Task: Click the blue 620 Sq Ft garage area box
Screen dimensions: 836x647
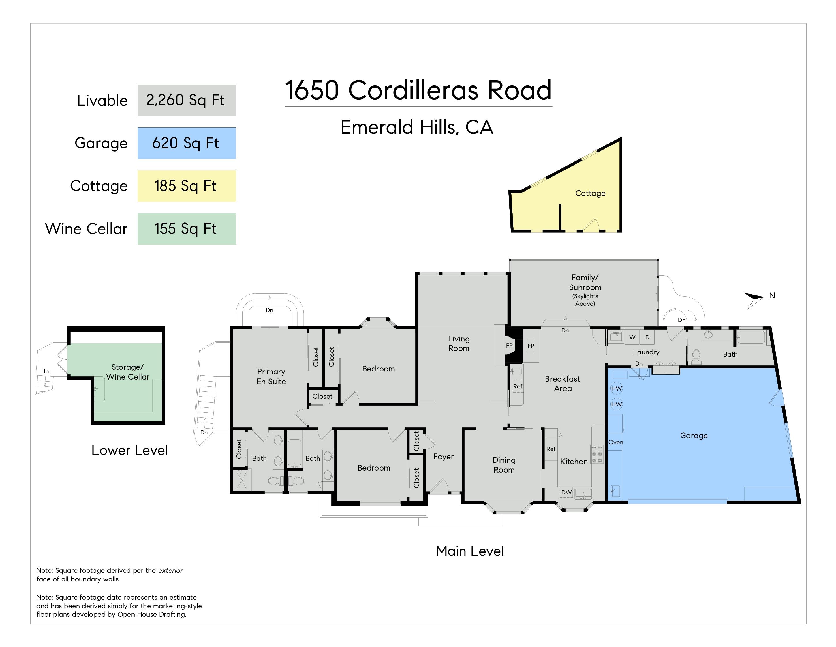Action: click(x=186, y=143)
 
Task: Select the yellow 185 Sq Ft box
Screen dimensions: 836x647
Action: click(x=186, y=186)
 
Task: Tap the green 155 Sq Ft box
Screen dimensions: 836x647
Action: click(x=186, y=229)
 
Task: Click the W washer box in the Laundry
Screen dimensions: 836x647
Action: click(x=632, y=337)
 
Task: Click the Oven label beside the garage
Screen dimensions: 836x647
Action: click(x=615, y=442)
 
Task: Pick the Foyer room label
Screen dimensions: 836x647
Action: click(x=443, y=456)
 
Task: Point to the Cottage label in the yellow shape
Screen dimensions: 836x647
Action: click(x=590, y=193)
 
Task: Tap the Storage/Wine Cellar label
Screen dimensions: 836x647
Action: click(x=127, y=372)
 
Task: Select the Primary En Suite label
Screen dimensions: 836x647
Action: click(x=271, y=376)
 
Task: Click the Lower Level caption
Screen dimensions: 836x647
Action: click(x=129, y=450)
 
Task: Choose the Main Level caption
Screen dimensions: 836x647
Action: click(x=470, y=551)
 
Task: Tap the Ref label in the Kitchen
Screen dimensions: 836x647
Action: click(x=551, y=449)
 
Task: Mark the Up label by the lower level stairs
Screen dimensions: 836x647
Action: click(x=45, y=371)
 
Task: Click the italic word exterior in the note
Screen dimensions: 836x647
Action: click(x=170, y=570)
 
